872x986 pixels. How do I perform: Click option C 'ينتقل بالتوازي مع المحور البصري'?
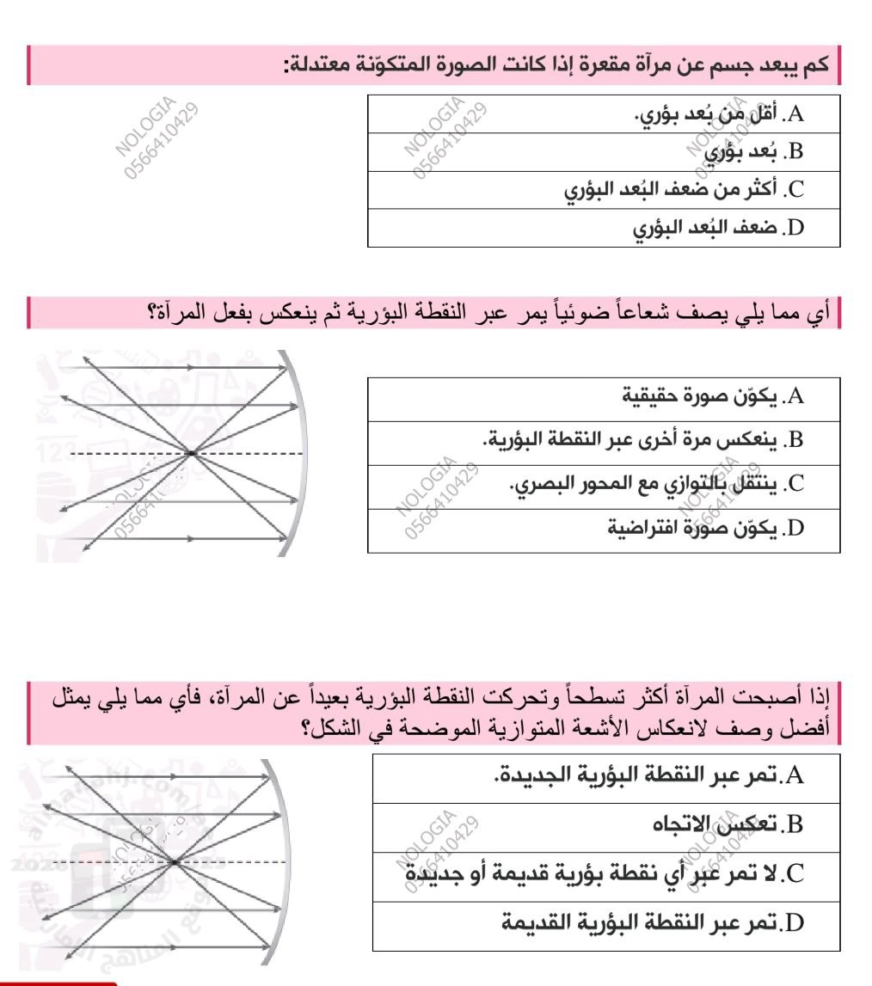coord(645,486)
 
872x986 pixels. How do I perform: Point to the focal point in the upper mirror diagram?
coord(191,452)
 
